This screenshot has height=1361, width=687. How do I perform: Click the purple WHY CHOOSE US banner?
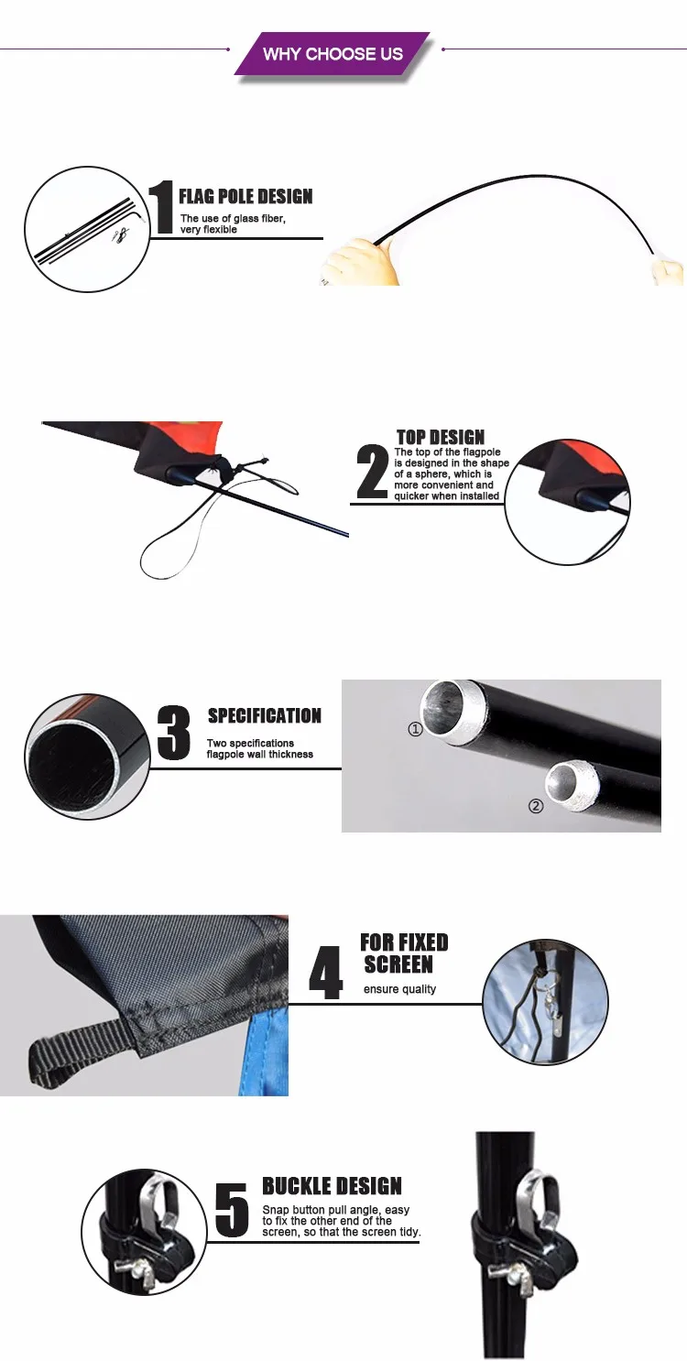click(x=333, y=53)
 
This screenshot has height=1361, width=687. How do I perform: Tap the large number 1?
click(x=161, y=207)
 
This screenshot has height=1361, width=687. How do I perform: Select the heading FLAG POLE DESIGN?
click(x=245, y=196)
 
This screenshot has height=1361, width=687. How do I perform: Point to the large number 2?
click(x=372, y=472)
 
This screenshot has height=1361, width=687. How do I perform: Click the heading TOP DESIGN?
click(x=441, y=437)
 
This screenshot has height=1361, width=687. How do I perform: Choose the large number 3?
click(x=174, y=732)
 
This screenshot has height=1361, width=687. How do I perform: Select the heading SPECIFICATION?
click(x=264, y=715)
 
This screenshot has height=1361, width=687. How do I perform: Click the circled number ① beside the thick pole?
click(x=416, y=728)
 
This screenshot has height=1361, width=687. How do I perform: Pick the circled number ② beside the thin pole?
click(x=535, y=806)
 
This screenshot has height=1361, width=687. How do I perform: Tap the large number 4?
click(x=325, y=972)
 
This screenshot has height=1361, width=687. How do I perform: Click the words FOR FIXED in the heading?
click(x=404, y=942)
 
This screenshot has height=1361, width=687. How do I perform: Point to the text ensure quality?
click(x=399, y=989)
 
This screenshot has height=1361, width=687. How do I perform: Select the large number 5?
click(x=232, y=1209)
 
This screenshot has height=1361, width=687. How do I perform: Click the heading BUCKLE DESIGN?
click(x=332, y=1185)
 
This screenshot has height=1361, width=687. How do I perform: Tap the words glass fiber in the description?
click(x=259, y=218)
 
